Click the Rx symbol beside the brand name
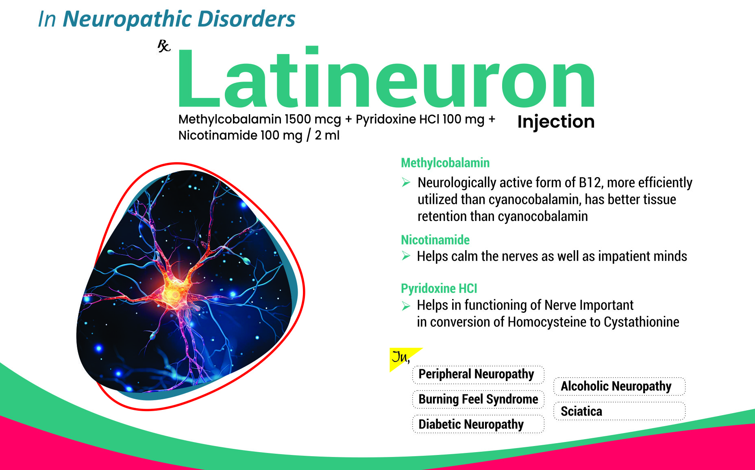coord(164,46)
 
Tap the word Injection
coord(556,122)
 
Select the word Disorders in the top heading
coord(246,19)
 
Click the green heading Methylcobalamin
coord(445,163)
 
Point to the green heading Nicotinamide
coord(435,240)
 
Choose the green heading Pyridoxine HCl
coord(439,288)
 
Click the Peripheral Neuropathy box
coord(478,375)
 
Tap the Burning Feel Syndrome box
coord(478,399)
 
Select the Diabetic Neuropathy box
coord(478,424)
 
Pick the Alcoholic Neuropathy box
coord(619,386)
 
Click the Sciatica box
coord(619,411)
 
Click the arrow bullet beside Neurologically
coord(406,182)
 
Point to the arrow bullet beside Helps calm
coord(406,256)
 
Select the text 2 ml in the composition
coord(327,135)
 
